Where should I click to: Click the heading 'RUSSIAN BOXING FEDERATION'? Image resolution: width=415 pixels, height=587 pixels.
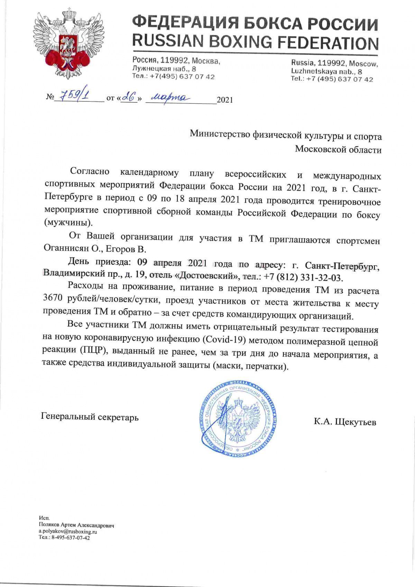[255, 42]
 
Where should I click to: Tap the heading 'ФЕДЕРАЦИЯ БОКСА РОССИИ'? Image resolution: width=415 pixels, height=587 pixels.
[255, 24]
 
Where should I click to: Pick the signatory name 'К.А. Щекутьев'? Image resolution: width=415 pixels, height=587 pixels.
[345, 422]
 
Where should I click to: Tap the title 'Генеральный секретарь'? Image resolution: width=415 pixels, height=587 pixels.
[90, 417]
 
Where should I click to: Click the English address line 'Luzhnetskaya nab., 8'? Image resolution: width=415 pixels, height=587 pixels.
[326, 72]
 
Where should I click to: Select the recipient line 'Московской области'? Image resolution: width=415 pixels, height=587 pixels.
[338, 150]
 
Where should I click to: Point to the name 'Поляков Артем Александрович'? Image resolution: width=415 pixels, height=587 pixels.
[76, 525]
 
